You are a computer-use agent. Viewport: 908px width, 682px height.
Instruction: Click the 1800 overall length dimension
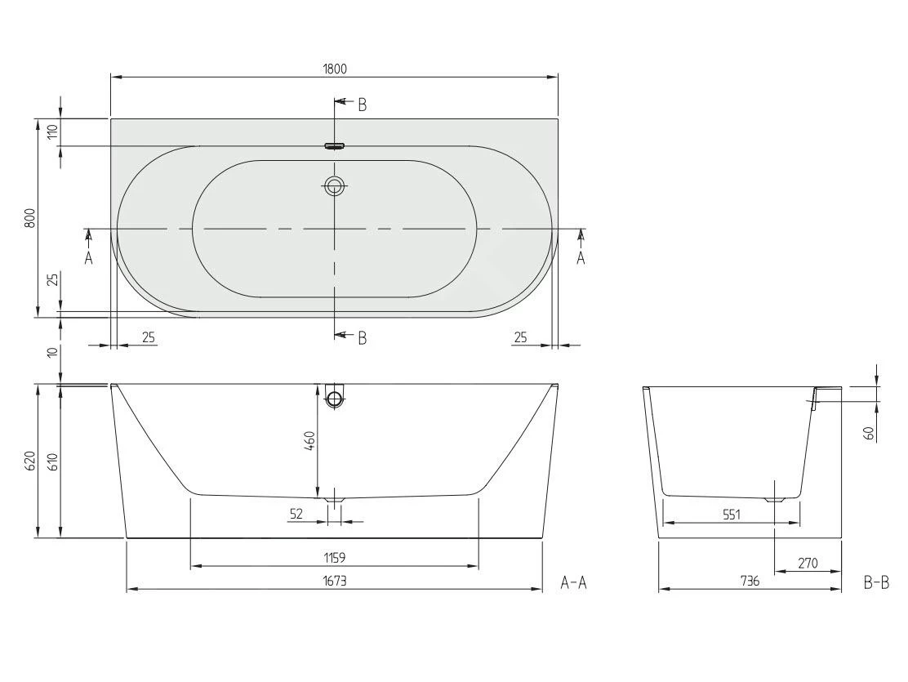click(x=334, y=69)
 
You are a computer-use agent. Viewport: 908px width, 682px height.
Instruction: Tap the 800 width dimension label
click(x=30, y=218)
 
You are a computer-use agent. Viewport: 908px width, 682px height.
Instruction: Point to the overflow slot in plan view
click(x=335, y=147)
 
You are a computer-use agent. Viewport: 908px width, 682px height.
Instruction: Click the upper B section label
click(x=362, y=105)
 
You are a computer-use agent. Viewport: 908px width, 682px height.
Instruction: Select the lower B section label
click(x=362, y=337)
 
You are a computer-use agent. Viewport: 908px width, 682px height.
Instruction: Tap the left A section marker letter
click(x=88, y=258)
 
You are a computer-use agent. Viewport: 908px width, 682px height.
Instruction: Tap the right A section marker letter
click(x=581, y=258)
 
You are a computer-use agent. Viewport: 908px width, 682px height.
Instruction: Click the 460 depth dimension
click(x=309, y=445)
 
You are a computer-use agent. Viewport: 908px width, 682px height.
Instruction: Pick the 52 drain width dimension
click(x=296, y=514)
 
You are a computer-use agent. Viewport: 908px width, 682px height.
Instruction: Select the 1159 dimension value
click(x=334, y=558)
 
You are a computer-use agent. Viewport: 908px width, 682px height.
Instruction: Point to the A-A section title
click(x=574, y=582)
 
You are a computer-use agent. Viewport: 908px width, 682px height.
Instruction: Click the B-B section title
click(x=876, y=582)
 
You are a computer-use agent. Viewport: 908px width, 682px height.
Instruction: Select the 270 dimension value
click(x=808, y=564)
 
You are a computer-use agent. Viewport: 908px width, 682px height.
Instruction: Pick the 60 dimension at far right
click(x=869, y=433)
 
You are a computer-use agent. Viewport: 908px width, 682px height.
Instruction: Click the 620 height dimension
click(x=30, y=461)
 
